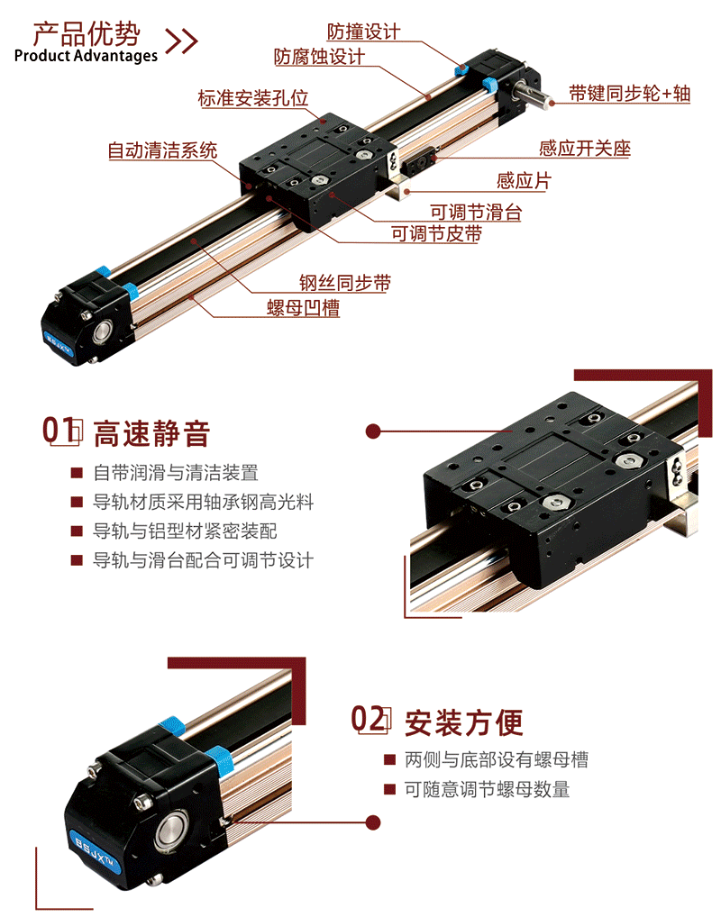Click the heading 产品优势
[x=87, y=33]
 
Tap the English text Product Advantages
[x=86, y=56]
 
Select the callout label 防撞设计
[x=363, y=31]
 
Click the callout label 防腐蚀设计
[x=320, y=56]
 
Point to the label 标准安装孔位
[x=253, y=97]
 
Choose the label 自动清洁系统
[x=163, y=150]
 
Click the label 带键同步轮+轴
[x=630, y=93]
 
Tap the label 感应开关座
[x=585, y=148]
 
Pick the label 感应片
[x=524, y=180]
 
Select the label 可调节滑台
[x=476, y=211]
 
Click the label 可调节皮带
[x=436, y=233]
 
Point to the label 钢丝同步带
[x=345, y=283]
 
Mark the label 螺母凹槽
[x=303, y=307]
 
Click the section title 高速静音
[x=151, y=433]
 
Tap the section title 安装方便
[x=464, y=722]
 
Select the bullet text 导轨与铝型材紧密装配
[x=185, y=531]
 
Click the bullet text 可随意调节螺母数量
[x=487, y=789]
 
